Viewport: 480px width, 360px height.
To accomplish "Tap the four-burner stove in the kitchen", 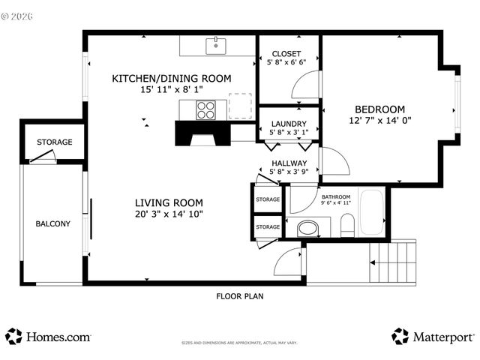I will click(205, 110).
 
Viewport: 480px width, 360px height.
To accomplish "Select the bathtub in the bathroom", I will click(373, 213).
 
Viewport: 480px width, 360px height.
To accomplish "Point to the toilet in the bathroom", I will click(347, 224).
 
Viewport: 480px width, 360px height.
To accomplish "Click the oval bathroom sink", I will click(307, 227).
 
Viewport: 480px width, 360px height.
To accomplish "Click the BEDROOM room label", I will click(379, 108).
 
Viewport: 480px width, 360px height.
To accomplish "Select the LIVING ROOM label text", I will click(169, 202).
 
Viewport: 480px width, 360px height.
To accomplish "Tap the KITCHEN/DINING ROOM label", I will click(171, 78).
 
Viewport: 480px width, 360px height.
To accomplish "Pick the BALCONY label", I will click(52, 223).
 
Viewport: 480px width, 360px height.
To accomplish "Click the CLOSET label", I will click(286, 54).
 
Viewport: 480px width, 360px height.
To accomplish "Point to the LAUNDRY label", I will click(288, 124).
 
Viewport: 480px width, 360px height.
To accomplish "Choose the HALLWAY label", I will click(289, 163).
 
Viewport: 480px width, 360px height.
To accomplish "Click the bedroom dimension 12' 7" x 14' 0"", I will click(380, 120).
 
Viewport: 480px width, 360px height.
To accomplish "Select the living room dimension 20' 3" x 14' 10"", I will click(169, 214).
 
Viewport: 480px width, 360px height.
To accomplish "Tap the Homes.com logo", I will click(48, 337).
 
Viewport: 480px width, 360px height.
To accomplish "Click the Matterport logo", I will click(433, 337).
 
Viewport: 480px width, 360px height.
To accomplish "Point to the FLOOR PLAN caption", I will click(239, 295).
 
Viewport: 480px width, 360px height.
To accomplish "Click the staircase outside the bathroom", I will click(392, 262).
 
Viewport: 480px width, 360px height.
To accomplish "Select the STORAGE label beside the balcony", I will click(55, 142).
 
